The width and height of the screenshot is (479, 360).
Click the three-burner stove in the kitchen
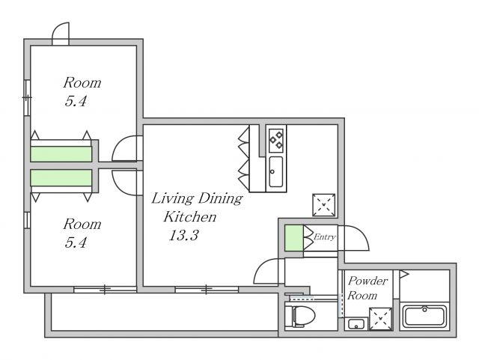click(x=276, y=140)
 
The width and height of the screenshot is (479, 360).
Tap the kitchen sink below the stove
click(x=276, y=171)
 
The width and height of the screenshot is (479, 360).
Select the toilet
click(x=303, y=316)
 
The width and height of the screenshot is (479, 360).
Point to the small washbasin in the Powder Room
click(x=356, y=324)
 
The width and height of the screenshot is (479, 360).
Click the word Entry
click(x=325, y=237)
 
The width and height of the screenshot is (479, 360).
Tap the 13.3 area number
click(x=184, y=235)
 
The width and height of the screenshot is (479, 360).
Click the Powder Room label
click(x=367, y=288)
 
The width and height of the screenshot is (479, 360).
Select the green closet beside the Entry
click(x=294, y=238)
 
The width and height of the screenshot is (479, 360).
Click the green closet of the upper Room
click(x=61, y=154)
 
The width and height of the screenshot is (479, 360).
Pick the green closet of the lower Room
click(x=61, y=178)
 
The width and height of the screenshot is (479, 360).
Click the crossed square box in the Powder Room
click(x=381, y=319)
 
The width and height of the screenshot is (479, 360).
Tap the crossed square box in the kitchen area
click(x=324, y=205)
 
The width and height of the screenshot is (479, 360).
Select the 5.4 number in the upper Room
click(x=76, y=101)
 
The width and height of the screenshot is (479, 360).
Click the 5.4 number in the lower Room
click(x=76, y=242)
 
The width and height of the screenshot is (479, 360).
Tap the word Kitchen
click(x=189, y=216)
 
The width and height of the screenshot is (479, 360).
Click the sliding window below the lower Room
click(x=105, y=290)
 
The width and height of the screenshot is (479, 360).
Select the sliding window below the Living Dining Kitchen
click(x=207, y=290)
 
